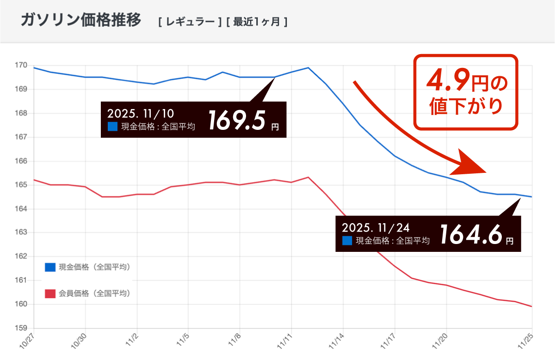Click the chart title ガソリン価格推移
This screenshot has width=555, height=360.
[x=80, y=21]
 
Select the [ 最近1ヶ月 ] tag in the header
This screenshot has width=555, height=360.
[x=257, y=22]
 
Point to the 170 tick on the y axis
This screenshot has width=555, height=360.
[x=20, y=65]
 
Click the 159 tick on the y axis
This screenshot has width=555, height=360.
[x=20, y=329]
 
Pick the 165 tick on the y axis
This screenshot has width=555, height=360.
[x=20, y=185]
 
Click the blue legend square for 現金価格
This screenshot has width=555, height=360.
[x=50, y=267]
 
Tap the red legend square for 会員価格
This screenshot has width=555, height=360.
[x=50, y=293]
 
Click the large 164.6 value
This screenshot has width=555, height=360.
[x=471, y=235]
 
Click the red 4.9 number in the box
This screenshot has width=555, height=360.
[x=447, y=81]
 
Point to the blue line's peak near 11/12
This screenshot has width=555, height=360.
[x=308, y=68]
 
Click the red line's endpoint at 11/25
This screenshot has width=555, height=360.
[x=532, y=306]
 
